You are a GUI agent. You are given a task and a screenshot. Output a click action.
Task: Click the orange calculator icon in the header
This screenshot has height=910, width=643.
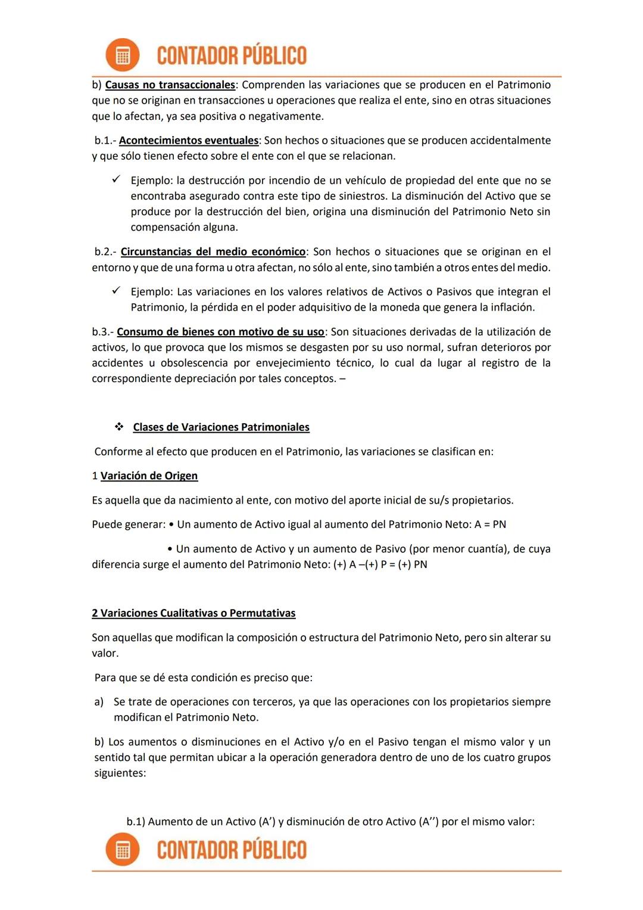(122, 55)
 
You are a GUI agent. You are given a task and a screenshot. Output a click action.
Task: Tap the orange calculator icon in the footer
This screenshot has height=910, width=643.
(122, 849)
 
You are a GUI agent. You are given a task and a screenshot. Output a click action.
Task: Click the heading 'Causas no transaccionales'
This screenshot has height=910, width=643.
(170, 85)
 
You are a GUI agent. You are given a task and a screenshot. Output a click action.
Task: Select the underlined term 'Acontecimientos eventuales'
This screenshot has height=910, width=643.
(189, 141)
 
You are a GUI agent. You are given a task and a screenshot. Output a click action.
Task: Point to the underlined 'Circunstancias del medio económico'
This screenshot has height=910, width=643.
(213, 252)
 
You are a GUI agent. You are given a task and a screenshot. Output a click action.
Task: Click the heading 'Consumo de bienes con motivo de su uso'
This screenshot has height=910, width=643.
(220, 332)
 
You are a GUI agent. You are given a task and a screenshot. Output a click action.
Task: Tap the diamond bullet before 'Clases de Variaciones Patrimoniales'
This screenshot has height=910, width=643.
(119, 427)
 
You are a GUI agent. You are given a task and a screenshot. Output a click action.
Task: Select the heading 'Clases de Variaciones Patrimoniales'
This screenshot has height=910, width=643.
(221, 427)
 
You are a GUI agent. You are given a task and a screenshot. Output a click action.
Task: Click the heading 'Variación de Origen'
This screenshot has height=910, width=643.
(149, 476)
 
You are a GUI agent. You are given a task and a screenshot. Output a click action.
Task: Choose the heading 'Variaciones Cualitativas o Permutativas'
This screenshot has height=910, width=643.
(193, 613)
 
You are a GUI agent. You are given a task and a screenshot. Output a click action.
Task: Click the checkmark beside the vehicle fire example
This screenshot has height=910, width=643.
(117, 179)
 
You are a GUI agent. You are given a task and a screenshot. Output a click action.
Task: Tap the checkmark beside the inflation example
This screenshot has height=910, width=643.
(117, 291)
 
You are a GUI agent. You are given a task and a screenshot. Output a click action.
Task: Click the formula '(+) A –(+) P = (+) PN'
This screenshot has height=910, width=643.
(380, 565)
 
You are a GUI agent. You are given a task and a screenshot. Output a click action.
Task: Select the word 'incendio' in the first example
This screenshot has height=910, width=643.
(288, 181)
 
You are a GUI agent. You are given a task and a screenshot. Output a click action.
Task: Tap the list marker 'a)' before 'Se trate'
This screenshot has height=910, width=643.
(99, 702)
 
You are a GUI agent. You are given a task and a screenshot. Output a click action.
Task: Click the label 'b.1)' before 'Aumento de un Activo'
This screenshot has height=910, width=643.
(136, 822)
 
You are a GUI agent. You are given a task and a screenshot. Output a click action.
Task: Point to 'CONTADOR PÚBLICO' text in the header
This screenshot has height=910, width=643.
(232, 55)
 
